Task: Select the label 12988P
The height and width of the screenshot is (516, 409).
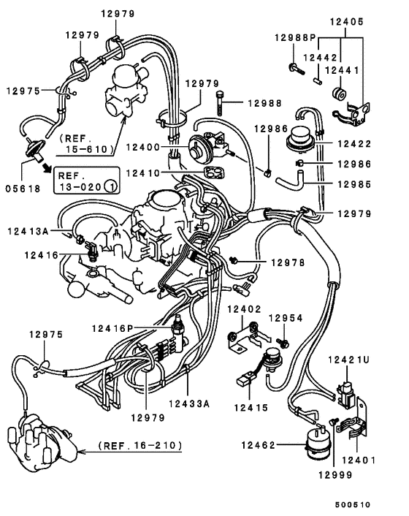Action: point(295,37)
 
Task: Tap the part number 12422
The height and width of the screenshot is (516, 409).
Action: point(353,145)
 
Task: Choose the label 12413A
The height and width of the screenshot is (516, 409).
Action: point(28,231)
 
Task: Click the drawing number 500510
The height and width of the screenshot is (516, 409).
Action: point(353,504)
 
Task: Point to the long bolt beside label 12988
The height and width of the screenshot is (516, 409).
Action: point(220,104)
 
